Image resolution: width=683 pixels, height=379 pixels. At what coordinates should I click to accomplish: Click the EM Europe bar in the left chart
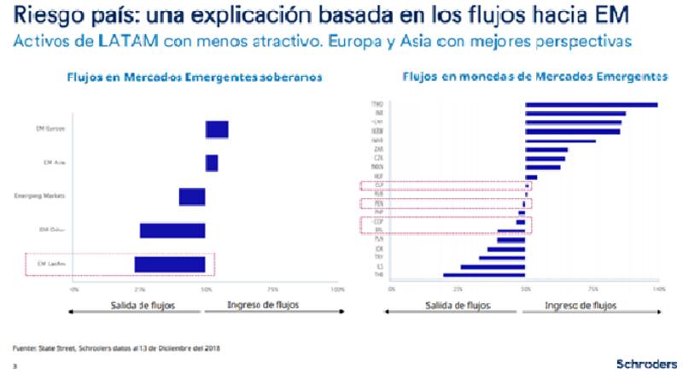click(217, 130)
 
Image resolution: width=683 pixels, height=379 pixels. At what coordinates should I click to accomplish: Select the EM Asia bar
click(212, 163)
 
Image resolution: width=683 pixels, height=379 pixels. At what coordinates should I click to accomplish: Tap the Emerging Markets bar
click(192, 196)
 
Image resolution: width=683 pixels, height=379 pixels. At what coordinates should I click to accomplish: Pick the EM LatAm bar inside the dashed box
click(170, 264)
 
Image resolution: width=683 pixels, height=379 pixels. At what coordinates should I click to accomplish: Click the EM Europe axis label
click(51, 130)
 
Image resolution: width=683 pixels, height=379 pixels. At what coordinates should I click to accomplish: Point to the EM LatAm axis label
click(52, 265)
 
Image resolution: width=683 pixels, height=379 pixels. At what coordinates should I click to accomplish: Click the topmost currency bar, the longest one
click(591, 105)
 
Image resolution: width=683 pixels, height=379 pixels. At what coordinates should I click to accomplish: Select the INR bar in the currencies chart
click(575, 114)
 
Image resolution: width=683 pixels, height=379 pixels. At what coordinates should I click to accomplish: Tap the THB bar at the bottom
click(484, 275)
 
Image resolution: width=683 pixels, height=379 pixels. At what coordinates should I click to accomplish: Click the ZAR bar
click(546, 149)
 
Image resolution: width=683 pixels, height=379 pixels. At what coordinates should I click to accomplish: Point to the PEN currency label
click(377, 204)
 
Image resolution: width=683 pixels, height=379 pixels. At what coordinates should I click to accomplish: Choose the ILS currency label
click(377, 266)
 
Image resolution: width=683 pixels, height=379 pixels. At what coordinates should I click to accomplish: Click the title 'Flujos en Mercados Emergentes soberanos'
click(194, 77)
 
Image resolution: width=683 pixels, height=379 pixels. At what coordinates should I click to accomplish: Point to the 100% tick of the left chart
click(337, 290)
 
